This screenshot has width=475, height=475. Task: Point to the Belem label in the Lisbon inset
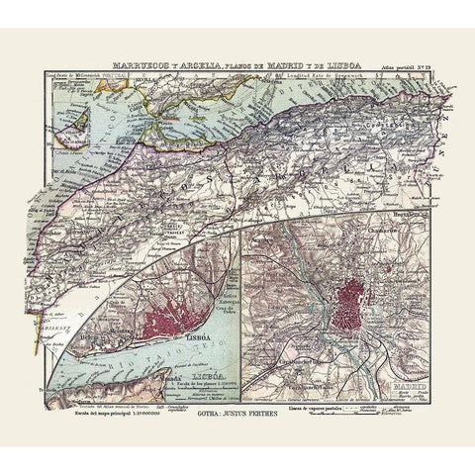(x=109, y=339)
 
